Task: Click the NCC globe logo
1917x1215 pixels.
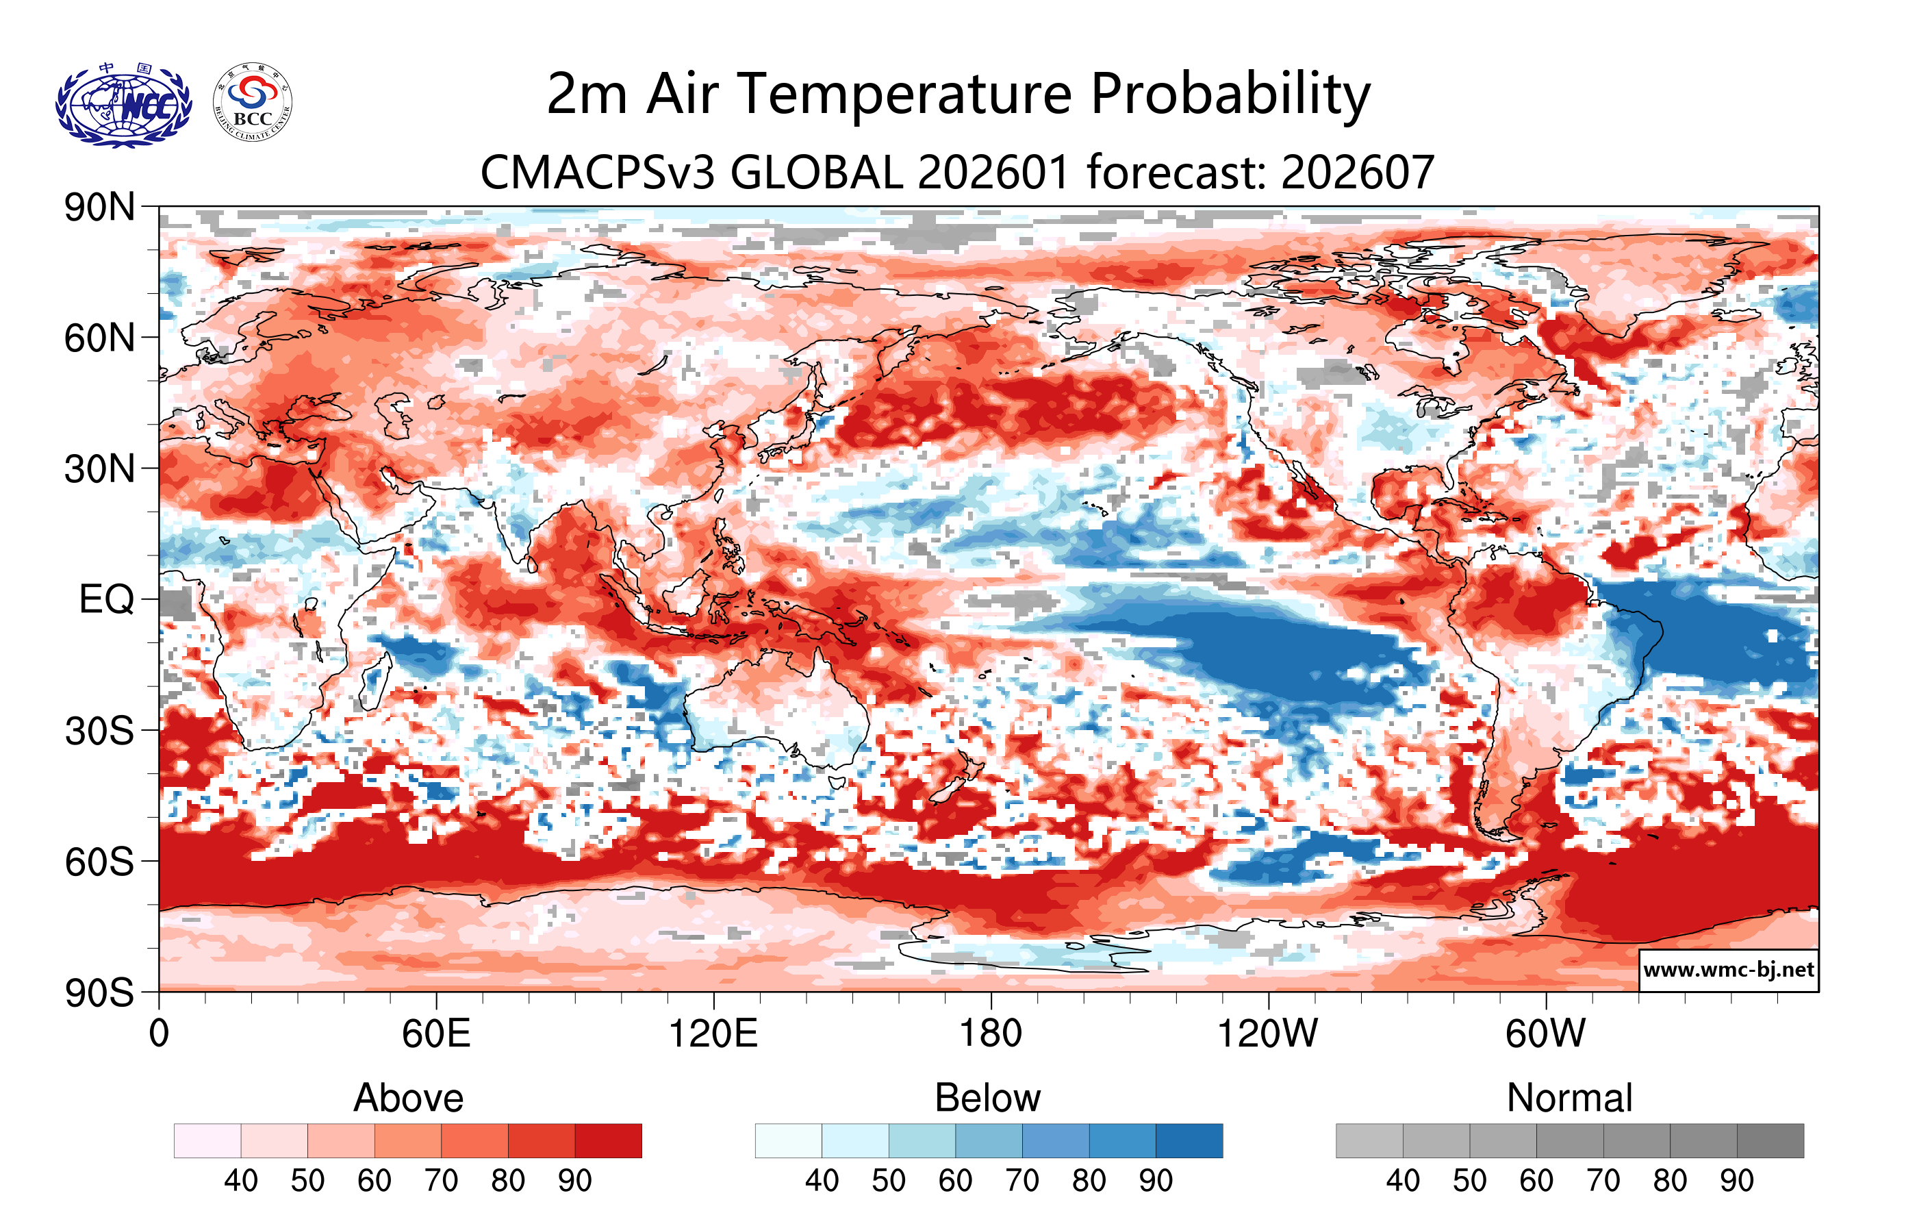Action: pos(123,105)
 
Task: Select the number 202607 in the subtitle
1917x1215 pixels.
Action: pos(1358,172)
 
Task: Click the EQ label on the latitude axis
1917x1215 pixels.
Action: pos(106,599)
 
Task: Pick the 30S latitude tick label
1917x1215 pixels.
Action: pos(99,731)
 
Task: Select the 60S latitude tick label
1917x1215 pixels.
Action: pos(99,862)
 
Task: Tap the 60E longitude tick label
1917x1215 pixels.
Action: pos(435,1034)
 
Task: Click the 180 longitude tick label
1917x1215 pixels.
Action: pos(991,1034)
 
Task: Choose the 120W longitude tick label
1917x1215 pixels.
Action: pos(1267,1034)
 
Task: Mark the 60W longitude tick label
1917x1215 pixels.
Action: pos(1545,1034)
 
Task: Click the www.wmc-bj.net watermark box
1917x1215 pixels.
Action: pos(1728,970)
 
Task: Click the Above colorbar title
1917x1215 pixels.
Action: pos(409,1098)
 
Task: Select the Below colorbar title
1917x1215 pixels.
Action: pos(987,1098)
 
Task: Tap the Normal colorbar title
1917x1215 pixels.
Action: pos(1569,1098)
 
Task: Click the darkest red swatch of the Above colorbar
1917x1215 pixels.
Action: pos(608,1140)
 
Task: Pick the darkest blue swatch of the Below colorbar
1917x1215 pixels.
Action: pos(1189,1140)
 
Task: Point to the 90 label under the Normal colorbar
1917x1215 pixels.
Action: pos(1736,1181)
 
